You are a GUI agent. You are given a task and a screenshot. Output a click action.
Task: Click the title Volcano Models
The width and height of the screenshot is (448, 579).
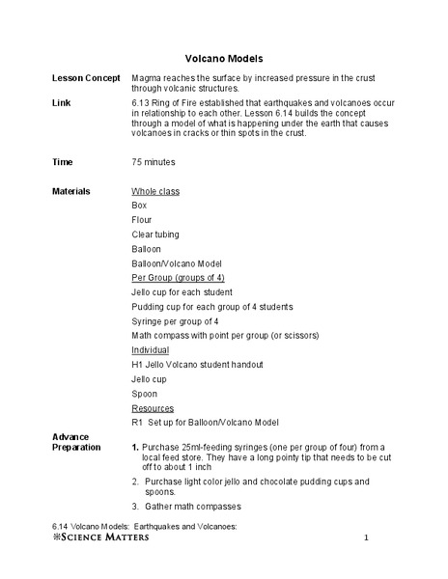point(223,58)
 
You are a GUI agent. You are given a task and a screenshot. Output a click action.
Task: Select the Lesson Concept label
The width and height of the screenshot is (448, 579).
point(85,77)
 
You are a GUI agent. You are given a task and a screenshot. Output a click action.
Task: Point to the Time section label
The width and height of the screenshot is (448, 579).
point(63,162)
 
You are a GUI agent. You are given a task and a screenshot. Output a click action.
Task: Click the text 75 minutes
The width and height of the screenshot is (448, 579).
point(154,162)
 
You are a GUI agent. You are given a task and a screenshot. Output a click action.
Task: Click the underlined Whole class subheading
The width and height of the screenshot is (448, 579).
point(155,191)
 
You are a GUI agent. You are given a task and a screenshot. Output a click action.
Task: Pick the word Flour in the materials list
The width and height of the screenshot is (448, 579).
point(142,220)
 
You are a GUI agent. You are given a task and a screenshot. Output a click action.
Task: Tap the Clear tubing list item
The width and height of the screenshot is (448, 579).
point(155,234)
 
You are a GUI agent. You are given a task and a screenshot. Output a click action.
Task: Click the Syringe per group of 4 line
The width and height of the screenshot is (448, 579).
point(175,321)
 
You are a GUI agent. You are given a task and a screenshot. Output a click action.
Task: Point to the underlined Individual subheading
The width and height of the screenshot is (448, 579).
point(150,350)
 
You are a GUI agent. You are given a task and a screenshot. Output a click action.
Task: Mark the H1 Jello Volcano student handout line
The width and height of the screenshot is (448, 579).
point(197,365)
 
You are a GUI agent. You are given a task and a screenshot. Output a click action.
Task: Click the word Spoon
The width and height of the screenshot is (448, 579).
point(144,394)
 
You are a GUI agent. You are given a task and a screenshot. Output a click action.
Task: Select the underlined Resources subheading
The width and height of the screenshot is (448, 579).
point(153,408)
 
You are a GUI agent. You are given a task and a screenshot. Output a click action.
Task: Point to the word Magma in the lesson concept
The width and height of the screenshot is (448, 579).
point(147,77)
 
